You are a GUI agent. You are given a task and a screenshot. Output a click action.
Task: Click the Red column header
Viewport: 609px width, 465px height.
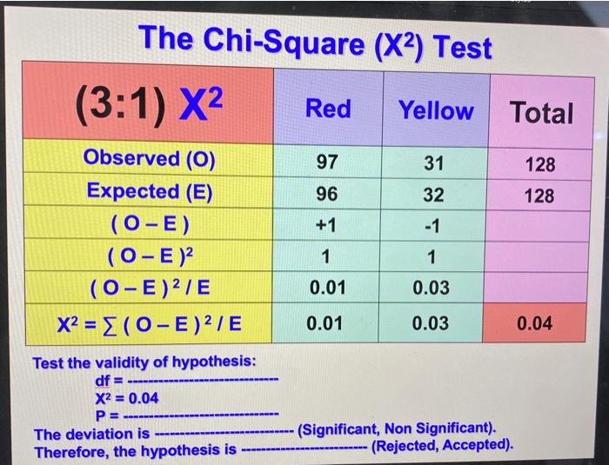coord(328,109)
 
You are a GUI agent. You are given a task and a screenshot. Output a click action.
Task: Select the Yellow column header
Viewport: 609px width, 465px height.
coord(436,110)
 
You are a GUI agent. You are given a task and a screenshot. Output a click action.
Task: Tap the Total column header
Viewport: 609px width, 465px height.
coord(541,112)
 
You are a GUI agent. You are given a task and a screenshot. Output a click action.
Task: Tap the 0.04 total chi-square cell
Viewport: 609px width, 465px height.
coord(533,324)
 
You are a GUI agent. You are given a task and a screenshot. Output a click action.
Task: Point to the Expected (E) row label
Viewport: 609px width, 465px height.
coord(149,191)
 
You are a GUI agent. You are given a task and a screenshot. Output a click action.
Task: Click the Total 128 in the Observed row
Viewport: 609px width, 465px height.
coord(539,163)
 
